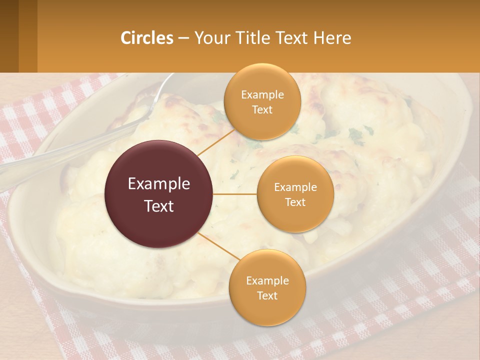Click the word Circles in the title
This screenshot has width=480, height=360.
147,38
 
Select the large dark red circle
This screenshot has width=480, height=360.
159,194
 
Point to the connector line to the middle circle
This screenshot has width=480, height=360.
235,194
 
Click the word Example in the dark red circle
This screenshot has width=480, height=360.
159,184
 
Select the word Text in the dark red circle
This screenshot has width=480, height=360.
159,206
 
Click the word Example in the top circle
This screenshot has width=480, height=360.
262,95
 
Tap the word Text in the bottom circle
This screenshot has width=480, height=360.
267,295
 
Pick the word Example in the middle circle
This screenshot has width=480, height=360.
295,187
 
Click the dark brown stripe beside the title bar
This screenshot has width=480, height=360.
9,36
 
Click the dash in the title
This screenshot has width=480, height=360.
183,38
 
